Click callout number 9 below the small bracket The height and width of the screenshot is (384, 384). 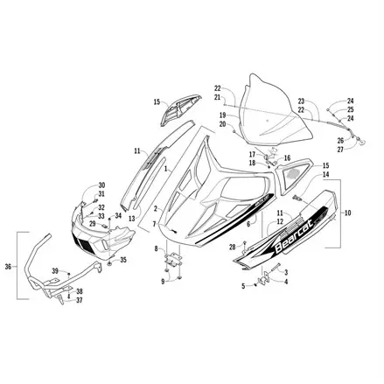pyautogui.click(x=161, y=281)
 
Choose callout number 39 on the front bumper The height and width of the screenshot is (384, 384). pyautogui.click(x=54, y=271)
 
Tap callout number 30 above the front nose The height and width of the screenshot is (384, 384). pyautogui.click(x=101, y=185)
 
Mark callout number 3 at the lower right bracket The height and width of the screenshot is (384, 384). pyautogui.click(x=286, y=273)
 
